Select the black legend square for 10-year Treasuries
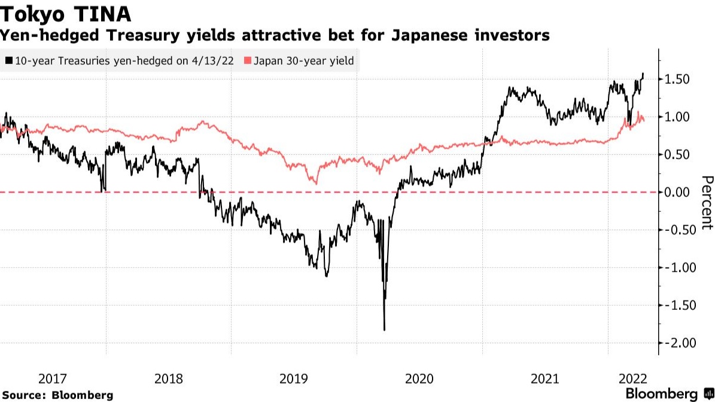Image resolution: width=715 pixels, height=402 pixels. point(8,60)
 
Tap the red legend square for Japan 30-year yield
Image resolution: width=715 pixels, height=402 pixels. point(248,60)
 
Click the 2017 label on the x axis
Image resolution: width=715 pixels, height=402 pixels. point(53,379)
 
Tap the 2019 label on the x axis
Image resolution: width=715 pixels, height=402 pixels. point(294,379)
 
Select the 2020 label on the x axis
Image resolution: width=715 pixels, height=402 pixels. point(419,379)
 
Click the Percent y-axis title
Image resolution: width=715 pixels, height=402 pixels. point(707,202)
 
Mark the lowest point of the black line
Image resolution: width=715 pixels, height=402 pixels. point(384,330)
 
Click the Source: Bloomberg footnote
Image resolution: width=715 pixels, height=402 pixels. point(57,395)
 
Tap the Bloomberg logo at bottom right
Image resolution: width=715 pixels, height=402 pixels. point(669,394)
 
